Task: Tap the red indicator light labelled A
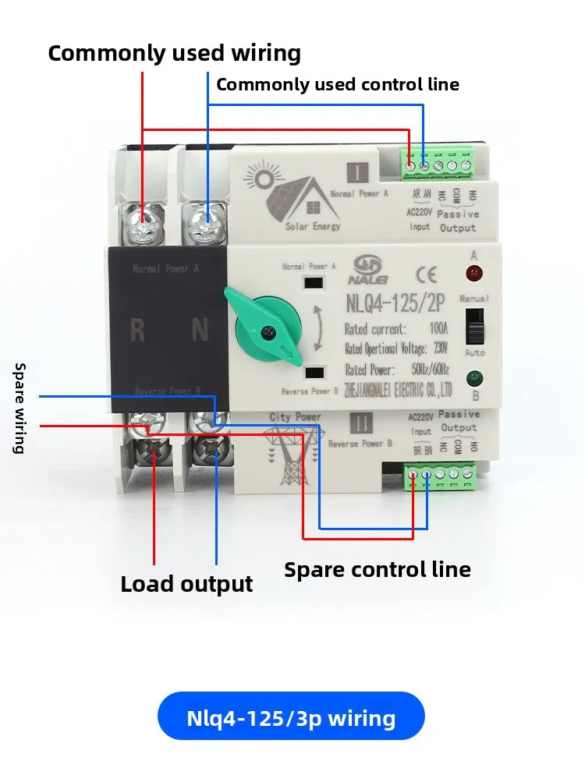click(473, 274)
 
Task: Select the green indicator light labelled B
click(473, 379)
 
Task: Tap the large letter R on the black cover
click(137, 331)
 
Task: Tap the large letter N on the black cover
click(200, 331)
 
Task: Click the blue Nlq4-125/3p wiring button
click(291, 717)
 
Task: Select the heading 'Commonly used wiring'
click(174, 53)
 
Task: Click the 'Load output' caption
click(186, 584)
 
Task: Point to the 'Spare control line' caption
click(378, 569)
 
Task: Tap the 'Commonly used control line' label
click(338, 84)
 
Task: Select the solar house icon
click(300, 194)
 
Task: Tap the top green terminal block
click(438, 163)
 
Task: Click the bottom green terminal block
click(440, 472)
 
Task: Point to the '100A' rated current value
click(439, 329)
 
